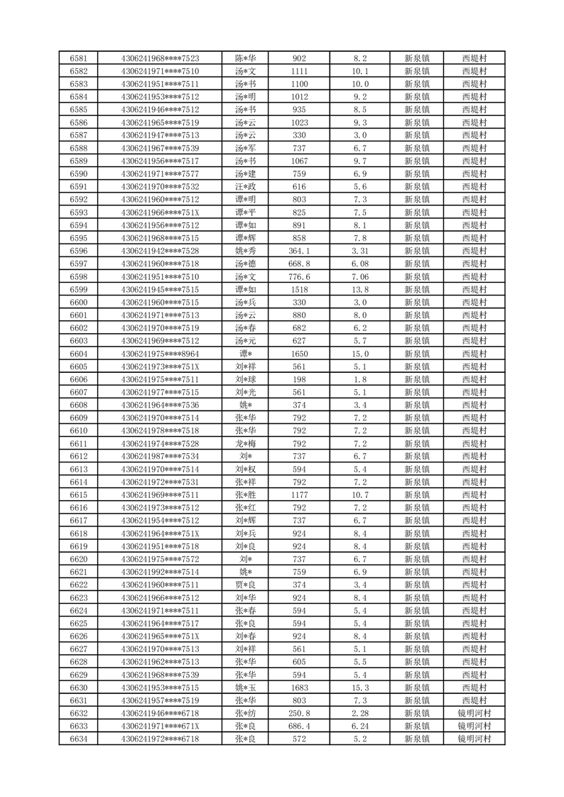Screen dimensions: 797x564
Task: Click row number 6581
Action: click(79, 58)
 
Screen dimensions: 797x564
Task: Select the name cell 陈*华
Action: click(245, 58)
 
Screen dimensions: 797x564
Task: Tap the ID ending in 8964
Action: click(160, 354)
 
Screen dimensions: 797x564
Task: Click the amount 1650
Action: click(299, 354)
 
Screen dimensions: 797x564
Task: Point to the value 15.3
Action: click(360, 688)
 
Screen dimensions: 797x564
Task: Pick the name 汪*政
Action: click(245, 187)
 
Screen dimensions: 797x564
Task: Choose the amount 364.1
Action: click(299, 251)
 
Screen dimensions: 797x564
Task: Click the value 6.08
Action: click(360, 264)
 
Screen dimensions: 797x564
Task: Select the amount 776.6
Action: click(299, 276)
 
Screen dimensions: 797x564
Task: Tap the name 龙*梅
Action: click(245, 443)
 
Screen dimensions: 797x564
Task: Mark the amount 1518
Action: click(299, 289)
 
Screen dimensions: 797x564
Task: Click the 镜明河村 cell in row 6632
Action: click(474, 713)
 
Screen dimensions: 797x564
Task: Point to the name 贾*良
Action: click(245, 585)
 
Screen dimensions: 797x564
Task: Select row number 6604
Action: click(79, 354)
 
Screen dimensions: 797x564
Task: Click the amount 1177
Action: click(299, 495)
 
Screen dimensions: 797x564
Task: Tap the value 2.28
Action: click(360, 713)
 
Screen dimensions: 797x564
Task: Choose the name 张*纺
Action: click(245, 713)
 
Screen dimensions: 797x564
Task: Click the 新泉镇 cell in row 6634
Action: click(416, 739)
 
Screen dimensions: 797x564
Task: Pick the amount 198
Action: click(299, 379)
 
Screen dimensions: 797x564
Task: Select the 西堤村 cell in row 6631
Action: click(474, 700)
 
